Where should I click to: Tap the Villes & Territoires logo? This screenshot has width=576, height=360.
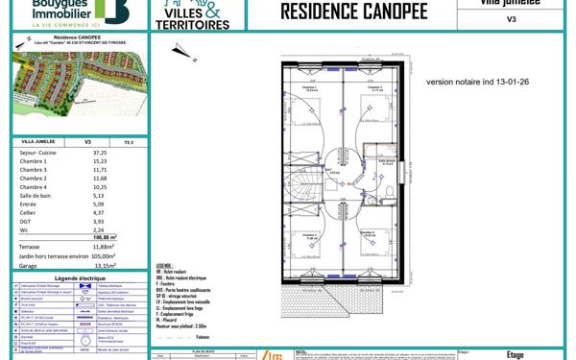[198, 14]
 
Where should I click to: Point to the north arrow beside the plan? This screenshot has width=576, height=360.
[183, 52]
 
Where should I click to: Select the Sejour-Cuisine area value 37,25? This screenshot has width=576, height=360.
[100, 153]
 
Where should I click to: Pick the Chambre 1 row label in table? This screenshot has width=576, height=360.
[34, 161]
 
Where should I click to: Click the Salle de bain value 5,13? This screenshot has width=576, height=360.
[98, 195]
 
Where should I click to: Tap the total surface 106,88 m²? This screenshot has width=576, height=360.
[104, 237]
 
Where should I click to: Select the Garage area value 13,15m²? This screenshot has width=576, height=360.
[105, 266]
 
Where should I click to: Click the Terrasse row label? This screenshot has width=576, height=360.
[30, 247]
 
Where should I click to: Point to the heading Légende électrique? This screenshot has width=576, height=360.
[80, 278]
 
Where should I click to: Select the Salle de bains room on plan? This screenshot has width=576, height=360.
[388, 163]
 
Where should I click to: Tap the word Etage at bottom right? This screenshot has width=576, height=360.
[515, 354]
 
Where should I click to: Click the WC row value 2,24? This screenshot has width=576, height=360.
[98, 229]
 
